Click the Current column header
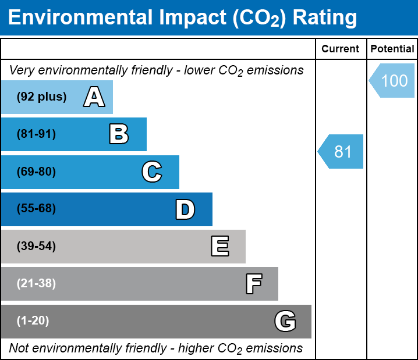point(341,49)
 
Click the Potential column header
point(392,49)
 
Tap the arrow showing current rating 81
point(342,152)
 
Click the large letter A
point(94,97)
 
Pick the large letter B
point(119,134)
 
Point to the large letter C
point(151,172)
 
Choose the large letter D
point(185,209)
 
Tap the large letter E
point(219,247)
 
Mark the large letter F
point(253,284)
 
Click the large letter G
point(285,321)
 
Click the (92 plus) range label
point(41,97)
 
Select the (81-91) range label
point(36,134)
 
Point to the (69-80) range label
point(36,172)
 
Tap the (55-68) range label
point(36,209)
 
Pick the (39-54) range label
point(36,247)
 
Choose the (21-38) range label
point(36,284)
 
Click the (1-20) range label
point(33,321)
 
